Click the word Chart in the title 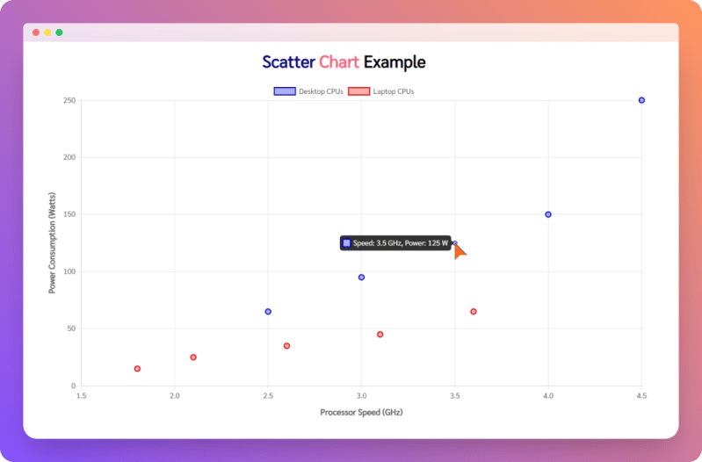(x=339, y=62)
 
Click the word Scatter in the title (x=288, y=62)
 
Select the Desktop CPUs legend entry (x=308, y=91)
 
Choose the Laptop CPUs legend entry (x=381, y=91)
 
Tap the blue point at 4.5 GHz (x=641, y=100)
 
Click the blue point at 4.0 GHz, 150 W (x=548, y=214)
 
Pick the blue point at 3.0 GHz (x=361, y=278)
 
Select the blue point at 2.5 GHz (x=268, y=312)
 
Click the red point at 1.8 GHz (x=137, y=369)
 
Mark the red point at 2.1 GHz (x=193, y=357)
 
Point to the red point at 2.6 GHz (x=286, y=346)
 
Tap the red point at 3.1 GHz (x=380, y=335)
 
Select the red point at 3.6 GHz (x=474, y=312)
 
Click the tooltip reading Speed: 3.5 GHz (x=394, y=243)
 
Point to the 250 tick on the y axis (x=69, y=100)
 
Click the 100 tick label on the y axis (x=69, y=271)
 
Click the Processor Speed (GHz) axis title (x=361, y=412)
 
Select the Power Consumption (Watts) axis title (x=53, y=242)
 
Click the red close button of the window (x=36, y=32)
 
